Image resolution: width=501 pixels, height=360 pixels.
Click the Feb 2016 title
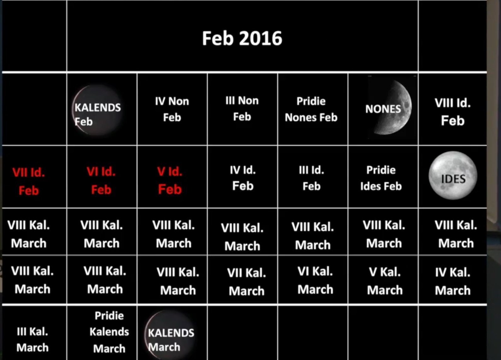242,38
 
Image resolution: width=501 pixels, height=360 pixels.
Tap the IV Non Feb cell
172,109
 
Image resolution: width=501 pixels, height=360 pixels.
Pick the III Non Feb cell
242,109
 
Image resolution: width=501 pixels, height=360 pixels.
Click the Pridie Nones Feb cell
311,109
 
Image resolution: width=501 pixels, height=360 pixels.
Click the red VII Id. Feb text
29,181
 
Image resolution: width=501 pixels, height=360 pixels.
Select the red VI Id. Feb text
101,180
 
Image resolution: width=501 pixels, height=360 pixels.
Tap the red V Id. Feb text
170,180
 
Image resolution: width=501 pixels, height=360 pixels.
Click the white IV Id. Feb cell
243,178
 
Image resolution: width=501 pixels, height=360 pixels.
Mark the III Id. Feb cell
311,178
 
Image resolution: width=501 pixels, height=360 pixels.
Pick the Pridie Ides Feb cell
381,178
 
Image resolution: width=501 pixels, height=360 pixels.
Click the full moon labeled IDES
453,176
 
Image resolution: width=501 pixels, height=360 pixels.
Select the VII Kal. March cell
246,282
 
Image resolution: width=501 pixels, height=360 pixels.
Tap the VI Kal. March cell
315,280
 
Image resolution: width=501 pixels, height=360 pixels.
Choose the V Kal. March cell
385,281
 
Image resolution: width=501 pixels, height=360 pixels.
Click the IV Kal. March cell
452,281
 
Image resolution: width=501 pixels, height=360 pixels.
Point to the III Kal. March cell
32,339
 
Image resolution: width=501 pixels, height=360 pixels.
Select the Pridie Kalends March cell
109,332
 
